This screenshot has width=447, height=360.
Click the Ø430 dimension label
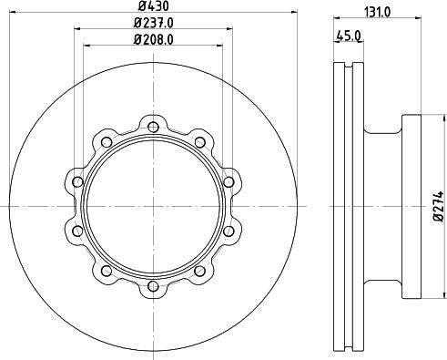(153, 5)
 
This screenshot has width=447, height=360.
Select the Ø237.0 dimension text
(153, 23)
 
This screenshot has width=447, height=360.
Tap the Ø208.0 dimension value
(153, 39)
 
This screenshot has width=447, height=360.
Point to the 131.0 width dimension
(377, 12)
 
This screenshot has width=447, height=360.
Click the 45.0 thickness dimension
(349, 36)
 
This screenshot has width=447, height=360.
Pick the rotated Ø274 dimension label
(439, 207)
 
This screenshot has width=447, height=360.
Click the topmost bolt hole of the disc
(154, 127)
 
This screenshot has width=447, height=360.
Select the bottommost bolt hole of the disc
(154, 286)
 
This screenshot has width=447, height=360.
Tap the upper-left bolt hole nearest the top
(107, 142)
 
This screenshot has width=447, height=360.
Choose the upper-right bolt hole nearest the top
(200, 142)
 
